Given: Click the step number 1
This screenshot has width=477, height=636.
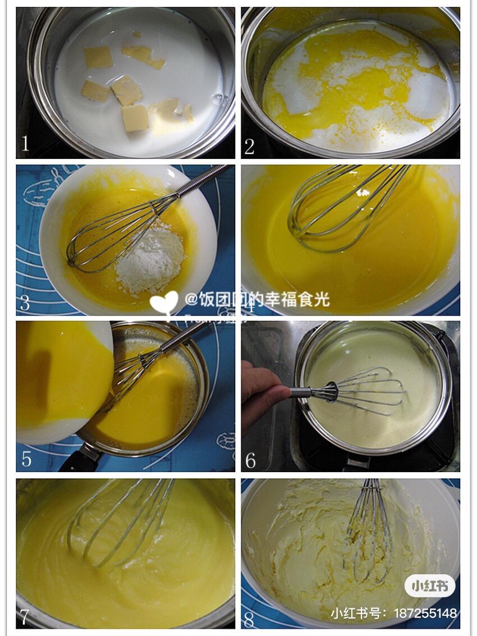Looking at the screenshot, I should click(x=25, y=144).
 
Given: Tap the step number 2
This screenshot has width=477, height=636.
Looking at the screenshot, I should click(x=250, y=146).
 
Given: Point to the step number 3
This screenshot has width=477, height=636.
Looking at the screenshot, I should click(x=25, y=303).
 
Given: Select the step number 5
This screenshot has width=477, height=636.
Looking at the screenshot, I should click(x=26, y=459).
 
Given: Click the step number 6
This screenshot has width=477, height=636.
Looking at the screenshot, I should click(x=250, y=460).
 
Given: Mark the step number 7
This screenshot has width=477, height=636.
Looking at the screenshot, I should click(x=25, y=616).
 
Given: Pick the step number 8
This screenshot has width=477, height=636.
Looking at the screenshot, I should click(x=250, y=620).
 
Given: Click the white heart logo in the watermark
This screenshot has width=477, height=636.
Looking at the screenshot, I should click(x=163, y=302).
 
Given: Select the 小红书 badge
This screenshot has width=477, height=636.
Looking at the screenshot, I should click(x=430, y=586).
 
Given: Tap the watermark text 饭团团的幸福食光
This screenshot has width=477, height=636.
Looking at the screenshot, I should click(x=264, y=299).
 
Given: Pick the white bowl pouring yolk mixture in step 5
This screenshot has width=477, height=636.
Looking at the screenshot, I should click(x=62, y=382).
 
